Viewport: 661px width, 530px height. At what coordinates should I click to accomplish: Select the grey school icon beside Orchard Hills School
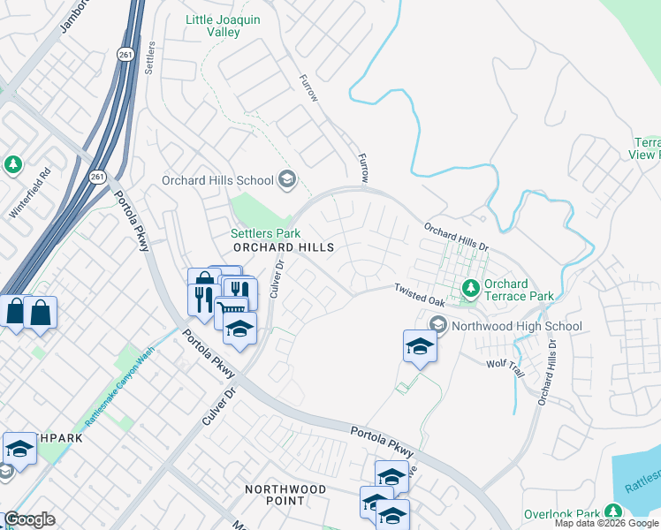pos(285,180)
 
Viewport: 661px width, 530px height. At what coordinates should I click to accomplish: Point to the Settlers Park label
pos(261,233)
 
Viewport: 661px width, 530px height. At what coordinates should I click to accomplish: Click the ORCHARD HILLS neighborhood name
pos(284,248)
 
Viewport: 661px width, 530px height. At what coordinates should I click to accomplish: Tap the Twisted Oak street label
pos(420,294)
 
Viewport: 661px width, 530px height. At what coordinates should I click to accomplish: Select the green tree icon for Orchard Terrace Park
pos(471,288)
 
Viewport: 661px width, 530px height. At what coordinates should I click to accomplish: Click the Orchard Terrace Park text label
pos(519,290)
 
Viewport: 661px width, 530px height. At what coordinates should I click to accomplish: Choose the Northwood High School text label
pos(517,326)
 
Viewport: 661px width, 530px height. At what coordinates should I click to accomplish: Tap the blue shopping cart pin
pos(230,310)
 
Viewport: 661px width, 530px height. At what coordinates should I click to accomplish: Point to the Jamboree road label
pos(76,16)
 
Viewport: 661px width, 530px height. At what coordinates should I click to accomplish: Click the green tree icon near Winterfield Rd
pos(12,165)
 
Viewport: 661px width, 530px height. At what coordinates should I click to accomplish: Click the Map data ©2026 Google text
pos(606,523)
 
